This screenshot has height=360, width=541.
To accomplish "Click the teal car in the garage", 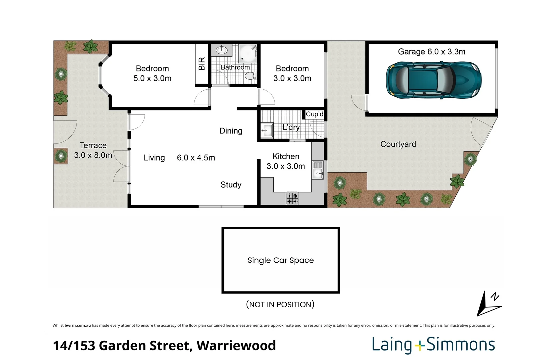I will (434, 80).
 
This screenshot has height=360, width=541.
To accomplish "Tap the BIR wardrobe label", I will (202, 64).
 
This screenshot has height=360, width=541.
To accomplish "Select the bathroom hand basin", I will (221, 50).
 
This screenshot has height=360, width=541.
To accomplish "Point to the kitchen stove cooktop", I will (292, 198).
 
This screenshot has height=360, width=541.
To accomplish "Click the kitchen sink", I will (318, 170).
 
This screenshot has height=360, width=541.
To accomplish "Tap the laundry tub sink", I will (266, 130).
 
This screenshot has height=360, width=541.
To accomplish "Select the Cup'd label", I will (314, 114).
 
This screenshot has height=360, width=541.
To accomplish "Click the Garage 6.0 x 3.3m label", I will (431, 52).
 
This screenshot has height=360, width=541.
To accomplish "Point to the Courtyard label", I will (398, 144).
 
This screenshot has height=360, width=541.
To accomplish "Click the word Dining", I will (231, 131).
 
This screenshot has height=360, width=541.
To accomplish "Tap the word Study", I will (231, 185).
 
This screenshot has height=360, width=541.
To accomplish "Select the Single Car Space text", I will (281, 260).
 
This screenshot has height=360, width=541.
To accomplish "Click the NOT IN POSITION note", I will (280, 304).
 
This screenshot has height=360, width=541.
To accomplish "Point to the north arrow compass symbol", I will (488, 303).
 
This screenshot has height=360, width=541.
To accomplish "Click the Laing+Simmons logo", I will (433, 345).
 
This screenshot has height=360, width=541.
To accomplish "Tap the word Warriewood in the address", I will (236, 345).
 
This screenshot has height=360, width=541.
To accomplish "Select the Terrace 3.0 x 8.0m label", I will (93, 150).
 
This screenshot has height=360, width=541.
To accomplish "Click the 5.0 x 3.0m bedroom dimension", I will (152, 78).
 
